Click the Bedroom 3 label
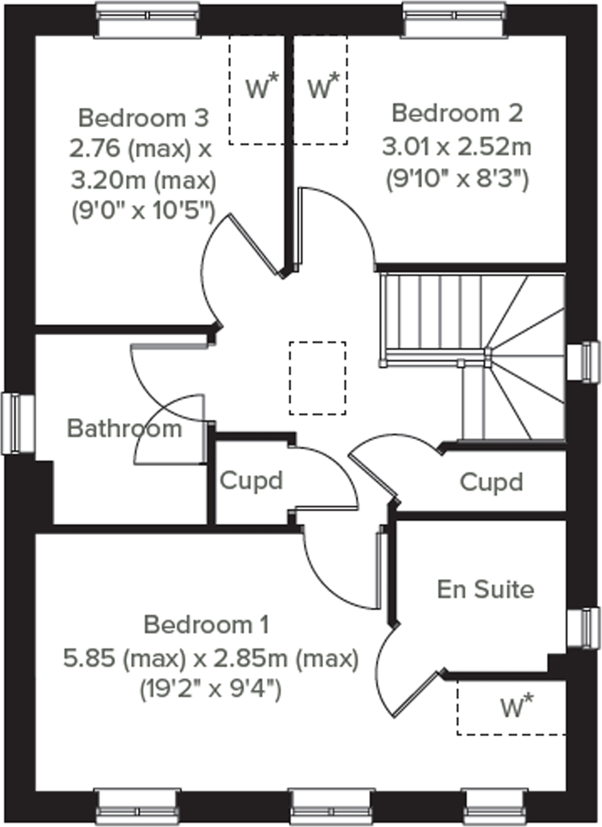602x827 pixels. click(143, 118)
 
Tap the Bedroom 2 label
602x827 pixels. click(457, 113)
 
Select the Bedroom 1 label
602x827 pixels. click(207, 624)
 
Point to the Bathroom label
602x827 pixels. click(124, 428)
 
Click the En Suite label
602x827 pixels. click(485, 589)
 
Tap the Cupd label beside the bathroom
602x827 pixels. click(251, 481)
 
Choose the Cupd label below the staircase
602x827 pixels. click(491, 482)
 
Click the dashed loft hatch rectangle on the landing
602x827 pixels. click(318, 378)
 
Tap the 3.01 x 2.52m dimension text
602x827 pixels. click(457, 147)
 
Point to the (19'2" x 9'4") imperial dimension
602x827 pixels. click(211, 690)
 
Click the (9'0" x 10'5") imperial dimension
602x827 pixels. click(144, 212)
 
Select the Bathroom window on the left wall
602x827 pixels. click(17, 423)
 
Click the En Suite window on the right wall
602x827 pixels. click(584, 629)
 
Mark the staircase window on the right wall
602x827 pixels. click(584, 362)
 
